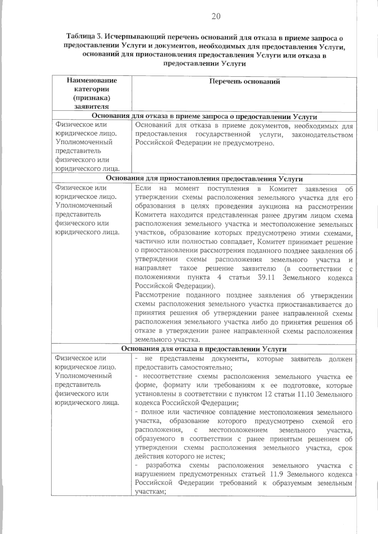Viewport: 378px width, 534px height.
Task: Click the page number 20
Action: click(216, 16)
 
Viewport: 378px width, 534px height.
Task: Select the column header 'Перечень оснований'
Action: click(244, 82)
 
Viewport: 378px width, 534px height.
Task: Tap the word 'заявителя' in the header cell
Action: click(92, 106)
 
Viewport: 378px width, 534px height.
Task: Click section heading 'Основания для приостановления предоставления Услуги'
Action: click(204, 179)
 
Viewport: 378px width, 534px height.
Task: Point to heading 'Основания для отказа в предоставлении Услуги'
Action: click(204, 349)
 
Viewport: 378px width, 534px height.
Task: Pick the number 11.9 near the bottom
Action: click(278, 474)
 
